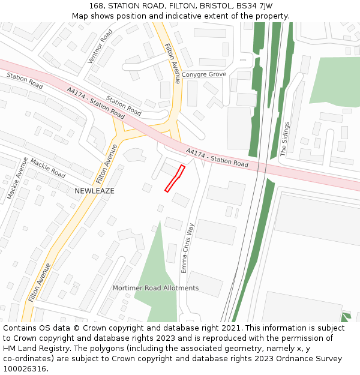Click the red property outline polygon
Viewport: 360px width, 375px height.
[x=174, y=178]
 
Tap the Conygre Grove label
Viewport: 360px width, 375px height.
[x=204, y=74]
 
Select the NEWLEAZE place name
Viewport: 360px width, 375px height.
[x=94, y=191]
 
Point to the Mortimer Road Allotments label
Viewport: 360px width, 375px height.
[x=155, y=288]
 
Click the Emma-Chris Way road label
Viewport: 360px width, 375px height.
[x=188, y=248]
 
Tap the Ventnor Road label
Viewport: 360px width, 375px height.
[x=100, y=46]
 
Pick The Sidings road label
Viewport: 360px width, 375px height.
[x=286, y=139]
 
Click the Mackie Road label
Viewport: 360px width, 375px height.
[x=47, y=168]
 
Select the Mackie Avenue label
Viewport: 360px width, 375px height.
[x=18, y=178]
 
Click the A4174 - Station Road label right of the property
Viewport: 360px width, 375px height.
[x=217, y=158]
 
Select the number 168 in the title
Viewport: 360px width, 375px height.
[x=96, y=6]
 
